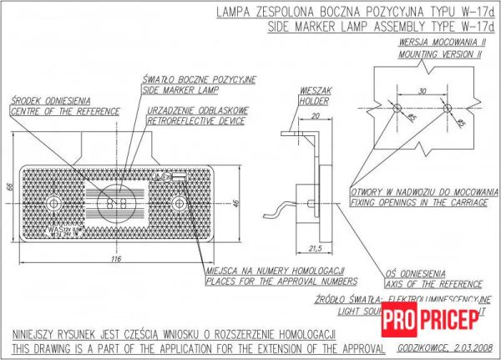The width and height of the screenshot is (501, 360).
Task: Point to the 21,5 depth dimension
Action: click(316, 247)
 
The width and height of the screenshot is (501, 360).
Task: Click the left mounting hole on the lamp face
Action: click(54, 203)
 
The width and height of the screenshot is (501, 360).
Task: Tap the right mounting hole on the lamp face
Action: click(178, 203)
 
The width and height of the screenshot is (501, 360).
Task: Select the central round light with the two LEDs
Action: click(116, 203)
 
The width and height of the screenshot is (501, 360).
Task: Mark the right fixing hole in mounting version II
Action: click(448, 109)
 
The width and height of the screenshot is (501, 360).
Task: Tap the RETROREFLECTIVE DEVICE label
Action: click(195, 121)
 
